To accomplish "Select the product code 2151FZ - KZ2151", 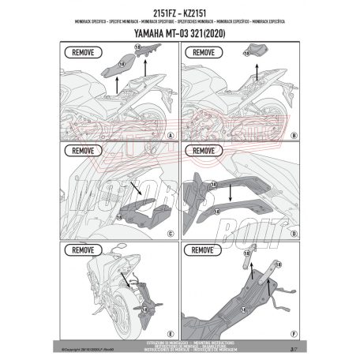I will click(179, 8).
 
